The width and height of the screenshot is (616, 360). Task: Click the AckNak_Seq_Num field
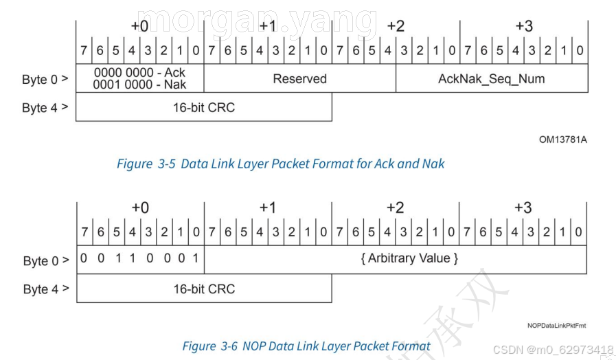[x=491, y=79]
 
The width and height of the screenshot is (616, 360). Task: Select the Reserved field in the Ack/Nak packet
[x=299, y=79]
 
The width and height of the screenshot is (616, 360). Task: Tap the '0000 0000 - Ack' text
[x=139, y=73]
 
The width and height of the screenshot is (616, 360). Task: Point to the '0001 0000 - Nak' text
[x=139, y=85]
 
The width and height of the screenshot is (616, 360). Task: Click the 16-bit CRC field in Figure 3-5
[x=203, y=107]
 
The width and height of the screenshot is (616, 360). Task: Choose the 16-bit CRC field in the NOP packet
[x=204, y=289]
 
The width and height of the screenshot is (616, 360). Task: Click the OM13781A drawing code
[x=562, y=139]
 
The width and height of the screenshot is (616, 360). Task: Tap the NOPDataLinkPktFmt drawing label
[x=556, y=325]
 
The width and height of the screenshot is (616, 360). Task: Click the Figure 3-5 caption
[x=280, y=164]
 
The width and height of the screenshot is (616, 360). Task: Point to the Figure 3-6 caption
[x=306, y=346]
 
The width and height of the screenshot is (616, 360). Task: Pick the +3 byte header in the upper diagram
[x=523, y=26]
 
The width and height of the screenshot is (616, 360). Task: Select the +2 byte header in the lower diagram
[x=395, y=208]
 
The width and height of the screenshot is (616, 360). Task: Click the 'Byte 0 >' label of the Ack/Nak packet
[x=45, y=80]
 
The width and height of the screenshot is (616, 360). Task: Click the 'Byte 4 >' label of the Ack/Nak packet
[x=45, y=108]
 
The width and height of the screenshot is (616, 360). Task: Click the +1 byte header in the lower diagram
[x=268, y=208]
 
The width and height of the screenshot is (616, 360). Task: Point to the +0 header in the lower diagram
[x=140, y=208]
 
